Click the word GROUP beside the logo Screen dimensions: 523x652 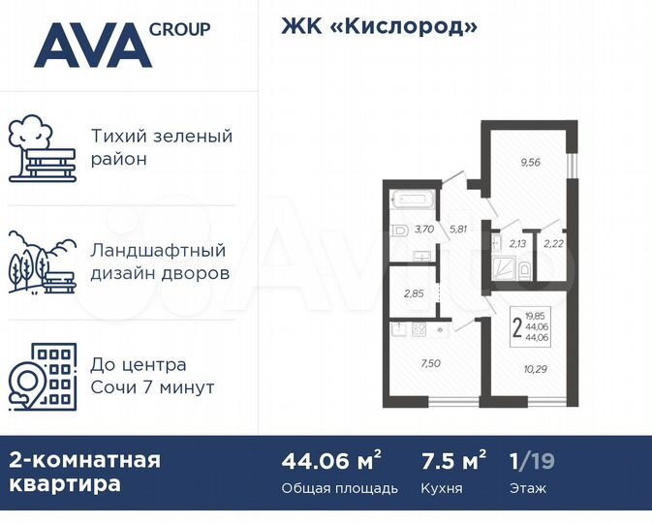pyautogui.click(x=179, y=29)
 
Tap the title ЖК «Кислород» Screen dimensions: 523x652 pyautogui.click(x=380, y=26)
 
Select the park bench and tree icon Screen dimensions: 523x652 pyautogui.click(x=42, y=149)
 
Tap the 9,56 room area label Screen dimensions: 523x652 pyautogui.click(x=530, y=163)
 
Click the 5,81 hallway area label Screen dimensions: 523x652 pyautogui.click(x=458, y=230)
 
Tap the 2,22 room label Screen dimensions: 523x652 pyautogui.click(x=553, y=244)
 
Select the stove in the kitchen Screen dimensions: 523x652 pyautogui.click(x=419, y=329)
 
